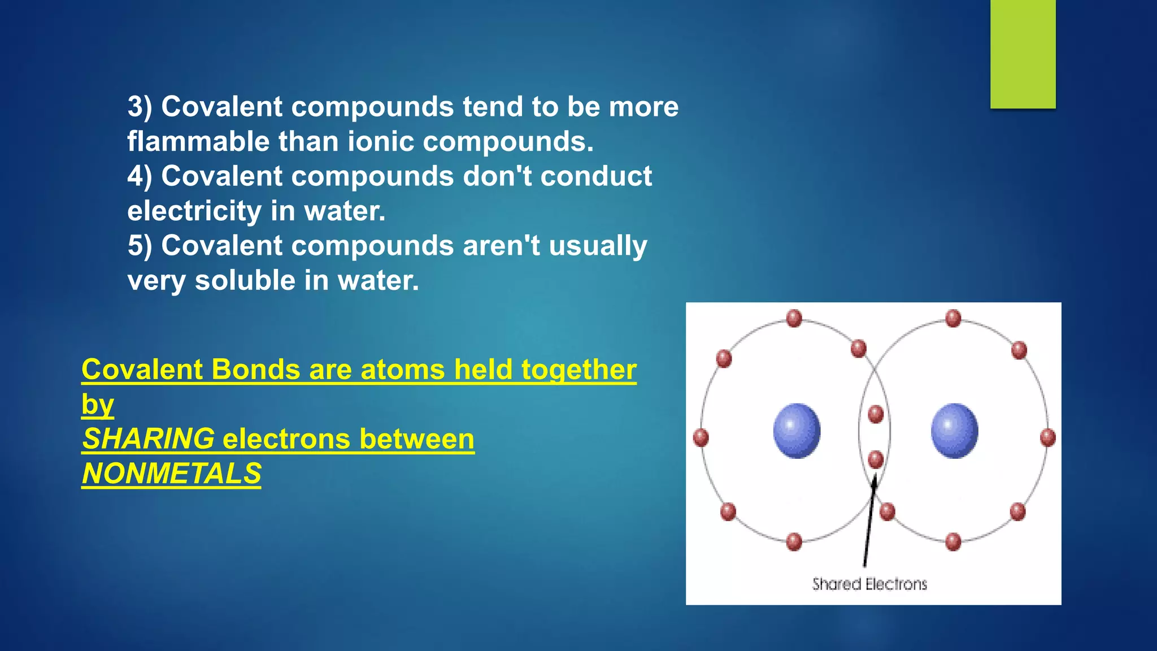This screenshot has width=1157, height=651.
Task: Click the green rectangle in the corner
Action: [x=1023, y=54]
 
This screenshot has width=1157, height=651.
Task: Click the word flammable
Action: [x=198, y=141]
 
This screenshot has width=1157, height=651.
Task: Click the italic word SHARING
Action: [x=149, y=439]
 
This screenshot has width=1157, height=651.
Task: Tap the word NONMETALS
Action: [x=172, y=474]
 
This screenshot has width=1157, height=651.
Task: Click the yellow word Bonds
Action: [x=255, y=370]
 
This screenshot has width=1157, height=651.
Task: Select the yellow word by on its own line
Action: [x=98, y=405]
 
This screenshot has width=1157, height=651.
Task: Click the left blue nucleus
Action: [x=797, y=431]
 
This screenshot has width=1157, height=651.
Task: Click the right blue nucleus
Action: [x=954, y=431]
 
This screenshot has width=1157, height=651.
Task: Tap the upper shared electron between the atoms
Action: [x=876, y=414]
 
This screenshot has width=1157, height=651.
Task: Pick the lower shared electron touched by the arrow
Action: [x=876, y=459]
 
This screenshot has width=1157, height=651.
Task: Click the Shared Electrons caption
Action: [x=869, y=584]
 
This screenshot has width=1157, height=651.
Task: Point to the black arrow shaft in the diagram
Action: [x=868, y=526]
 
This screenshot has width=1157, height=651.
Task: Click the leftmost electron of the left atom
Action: [x=701, y=437]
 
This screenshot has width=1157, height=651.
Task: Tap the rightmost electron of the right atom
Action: [x=1047, y=437]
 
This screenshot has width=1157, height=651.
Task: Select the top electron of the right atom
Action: [x=953, y=318]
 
